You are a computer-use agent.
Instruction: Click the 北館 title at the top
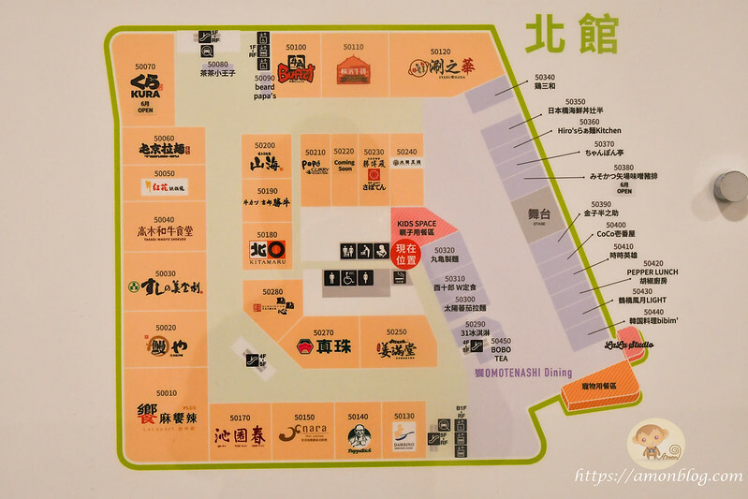[x=571, y=35]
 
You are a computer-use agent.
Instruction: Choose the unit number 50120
[x=440, y=52]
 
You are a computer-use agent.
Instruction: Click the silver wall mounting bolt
[x=729, y=186]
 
